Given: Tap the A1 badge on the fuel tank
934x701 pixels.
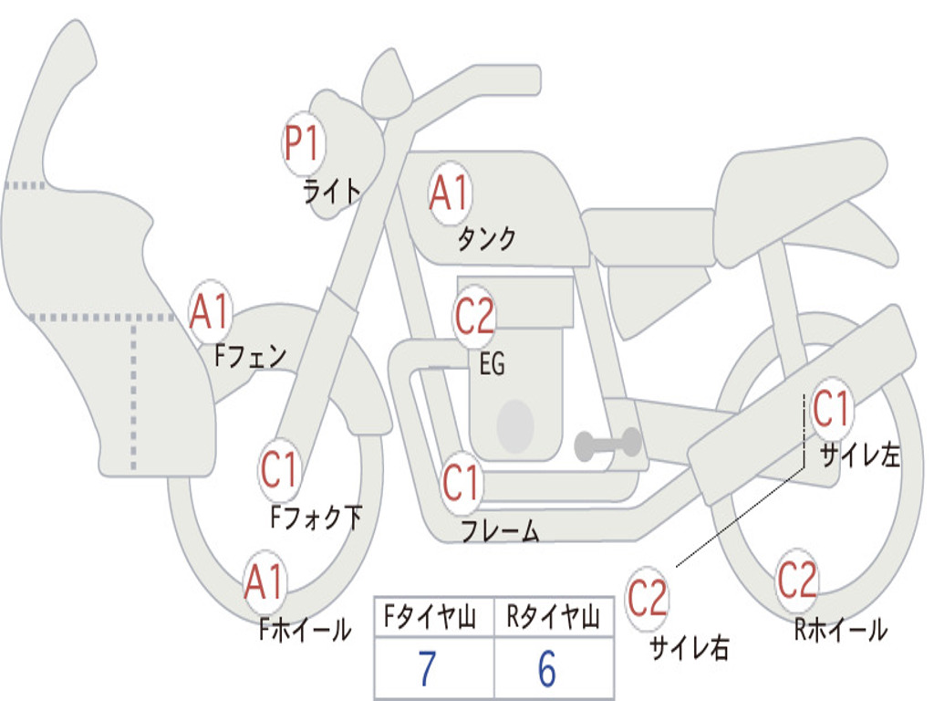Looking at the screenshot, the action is [x=449, y=194].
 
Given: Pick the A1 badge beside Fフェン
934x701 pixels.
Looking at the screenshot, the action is [x=211, y=312].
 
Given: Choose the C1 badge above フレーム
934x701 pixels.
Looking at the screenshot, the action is [x=462, y=483].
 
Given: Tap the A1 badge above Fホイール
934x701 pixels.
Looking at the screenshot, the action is [x=265, y=582].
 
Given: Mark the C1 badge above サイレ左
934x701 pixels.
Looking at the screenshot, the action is [x=831, y=409].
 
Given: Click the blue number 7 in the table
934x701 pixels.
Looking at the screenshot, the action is [x=426, y=670].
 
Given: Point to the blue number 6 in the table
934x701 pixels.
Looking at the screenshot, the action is [x=547, y=670].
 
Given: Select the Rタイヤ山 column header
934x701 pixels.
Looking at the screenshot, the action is [x=554, y=619].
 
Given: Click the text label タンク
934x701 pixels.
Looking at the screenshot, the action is [x=486, y=239].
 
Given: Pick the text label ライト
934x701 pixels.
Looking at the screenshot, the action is [x=333, y=191].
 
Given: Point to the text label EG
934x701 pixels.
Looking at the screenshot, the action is [x=492, y=364].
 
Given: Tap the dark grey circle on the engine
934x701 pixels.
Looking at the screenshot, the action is [x=514, y=425].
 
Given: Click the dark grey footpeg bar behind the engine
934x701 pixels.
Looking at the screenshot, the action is [x=607, y=445].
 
